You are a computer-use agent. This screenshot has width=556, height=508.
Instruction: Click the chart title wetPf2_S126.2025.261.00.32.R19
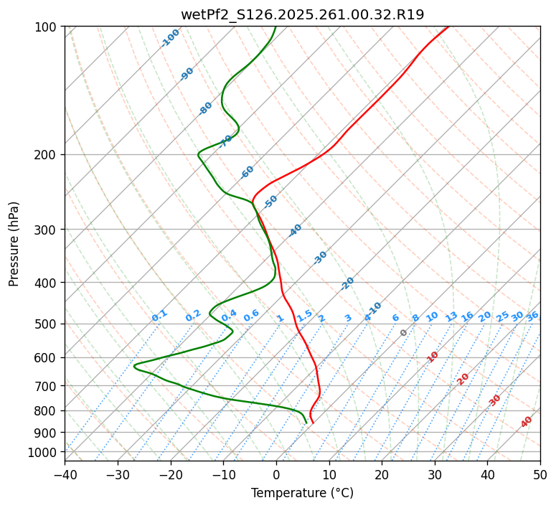coord(302,14)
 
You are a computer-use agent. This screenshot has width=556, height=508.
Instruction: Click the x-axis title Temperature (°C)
coord(302,494)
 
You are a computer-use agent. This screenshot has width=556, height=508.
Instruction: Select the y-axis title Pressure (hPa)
coord(14,243)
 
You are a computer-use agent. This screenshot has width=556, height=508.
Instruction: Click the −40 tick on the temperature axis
coord(65,474)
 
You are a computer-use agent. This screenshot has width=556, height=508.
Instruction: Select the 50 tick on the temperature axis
coord(540,474)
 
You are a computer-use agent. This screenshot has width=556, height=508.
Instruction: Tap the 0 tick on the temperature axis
coord(276,474)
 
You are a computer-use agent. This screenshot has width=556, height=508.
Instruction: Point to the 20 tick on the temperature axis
coord(382,474)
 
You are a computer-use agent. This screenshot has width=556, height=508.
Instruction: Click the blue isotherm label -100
coord(170,37)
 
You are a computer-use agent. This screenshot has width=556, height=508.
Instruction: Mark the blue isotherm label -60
coord(248,172)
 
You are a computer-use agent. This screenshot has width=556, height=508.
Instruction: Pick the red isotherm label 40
coord(527,422)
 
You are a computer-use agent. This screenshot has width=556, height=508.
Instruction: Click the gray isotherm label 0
coord(404,333)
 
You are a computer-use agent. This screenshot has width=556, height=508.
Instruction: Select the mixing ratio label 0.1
coord(159,315)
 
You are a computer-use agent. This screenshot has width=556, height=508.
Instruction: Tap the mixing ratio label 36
coord(532,316)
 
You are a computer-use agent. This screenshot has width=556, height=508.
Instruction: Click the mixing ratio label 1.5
coord(304,315)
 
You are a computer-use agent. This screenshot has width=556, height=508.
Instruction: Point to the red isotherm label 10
coord(433,357)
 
